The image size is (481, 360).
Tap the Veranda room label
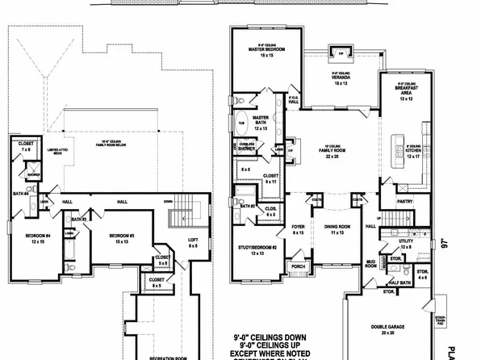pyautogui.click(x=341, y=77)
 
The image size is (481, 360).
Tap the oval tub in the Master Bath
pyautogui.click(x=242, y=123)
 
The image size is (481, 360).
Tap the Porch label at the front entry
pyautogui.click(x=298, y=265)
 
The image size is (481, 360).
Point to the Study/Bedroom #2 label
pyautogui.click(x=257, y=249)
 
